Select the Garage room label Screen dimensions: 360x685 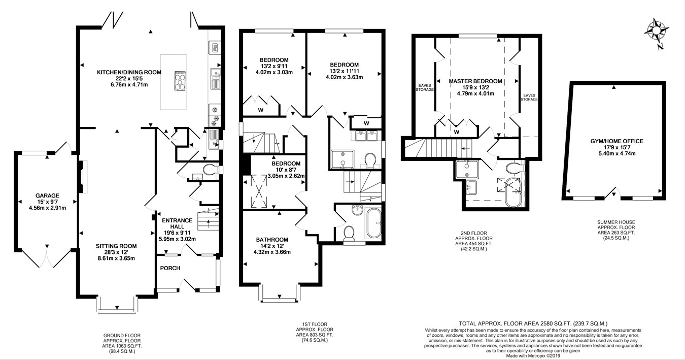pyautogui.click(x=47, y=201)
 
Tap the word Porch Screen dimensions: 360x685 pyautogui.click(x=170, y=268)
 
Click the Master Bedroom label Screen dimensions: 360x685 pyautogui.click(x=475, y=87)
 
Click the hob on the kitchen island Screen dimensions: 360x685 pyautogui.click(x=181, y=81)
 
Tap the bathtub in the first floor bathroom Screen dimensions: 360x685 pyautogui.click(x=374, y=224)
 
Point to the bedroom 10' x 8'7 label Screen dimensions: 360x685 pyautogui.click(x=286, y=170)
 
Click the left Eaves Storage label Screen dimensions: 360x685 pyautogui.click(x=425, y=87)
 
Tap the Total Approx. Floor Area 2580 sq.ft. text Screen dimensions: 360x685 pyautogui.click(x=533, y=323)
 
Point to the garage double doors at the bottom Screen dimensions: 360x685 pyautogui.click(x=47, y=259)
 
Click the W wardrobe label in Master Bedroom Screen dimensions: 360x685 pyautogui.click(x=457, y=132)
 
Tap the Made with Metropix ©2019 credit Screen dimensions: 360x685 pyautogui.click(x=533, y=355)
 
